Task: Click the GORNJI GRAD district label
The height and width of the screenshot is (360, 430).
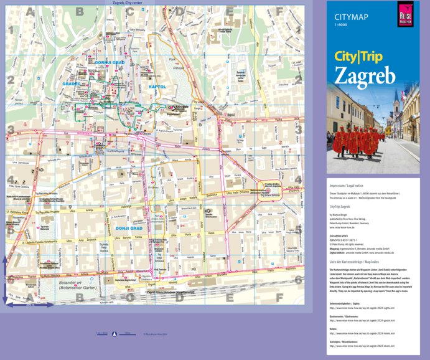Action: pos(111,62)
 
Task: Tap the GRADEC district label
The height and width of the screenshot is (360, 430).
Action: pos(72,83)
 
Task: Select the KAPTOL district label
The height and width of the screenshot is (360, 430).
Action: pos(158,86)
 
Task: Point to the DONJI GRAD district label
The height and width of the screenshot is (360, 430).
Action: pos(129,227)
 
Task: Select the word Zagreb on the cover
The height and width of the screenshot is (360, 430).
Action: pos(365,75)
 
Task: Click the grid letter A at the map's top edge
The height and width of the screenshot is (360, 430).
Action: pos(29,11)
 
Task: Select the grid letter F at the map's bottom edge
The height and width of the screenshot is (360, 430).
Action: pos(279,297)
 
